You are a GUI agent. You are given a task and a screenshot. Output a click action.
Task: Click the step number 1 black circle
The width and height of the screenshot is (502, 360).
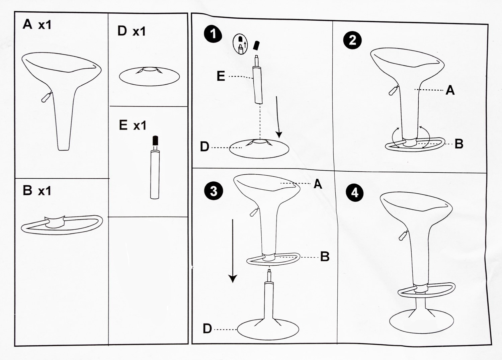(x=213, y=34)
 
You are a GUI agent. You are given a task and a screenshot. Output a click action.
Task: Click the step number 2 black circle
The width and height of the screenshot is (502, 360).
(x=352, y=40)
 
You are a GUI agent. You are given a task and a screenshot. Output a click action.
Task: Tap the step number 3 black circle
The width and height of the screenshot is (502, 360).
(x=214, y=191)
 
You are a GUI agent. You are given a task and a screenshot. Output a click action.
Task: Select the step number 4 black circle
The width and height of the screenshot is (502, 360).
(x=354, y=193)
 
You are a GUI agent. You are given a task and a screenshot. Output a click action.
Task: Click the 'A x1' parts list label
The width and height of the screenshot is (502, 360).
(x=37, y=24)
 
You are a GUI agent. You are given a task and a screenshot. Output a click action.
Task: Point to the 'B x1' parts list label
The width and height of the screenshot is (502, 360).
(x=37, y=190)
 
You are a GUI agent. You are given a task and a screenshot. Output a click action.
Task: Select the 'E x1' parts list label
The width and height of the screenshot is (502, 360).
(x=133, y=125)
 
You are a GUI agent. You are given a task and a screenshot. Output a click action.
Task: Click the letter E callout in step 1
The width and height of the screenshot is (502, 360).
(x=221, y=76)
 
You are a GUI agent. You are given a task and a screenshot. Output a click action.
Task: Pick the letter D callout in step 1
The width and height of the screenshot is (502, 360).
(x=204, y=147)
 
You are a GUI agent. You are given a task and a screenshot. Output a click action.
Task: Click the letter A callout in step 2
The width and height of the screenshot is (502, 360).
(x=450, y=90)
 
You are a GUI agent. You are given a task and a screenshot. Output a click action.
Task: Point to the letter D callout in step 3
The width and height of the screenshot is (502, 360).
(x=207, y=329)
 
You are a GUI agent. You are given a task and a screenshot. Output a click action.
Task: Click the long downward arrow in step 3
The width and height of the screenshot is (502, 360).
(x=233, y=251)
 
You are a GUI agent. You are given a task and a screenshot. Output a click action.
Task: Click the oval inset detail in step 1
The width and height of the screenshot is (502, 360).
(x=241, y=44)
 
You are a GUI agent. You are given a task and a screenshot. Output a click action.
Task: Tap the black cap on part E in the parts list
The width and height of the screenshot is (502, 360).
(x=155, y=140)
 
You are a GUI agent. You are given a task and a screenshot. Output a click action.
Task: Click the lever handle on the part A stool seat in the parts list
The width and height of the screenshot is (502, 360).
(x=46, y=97)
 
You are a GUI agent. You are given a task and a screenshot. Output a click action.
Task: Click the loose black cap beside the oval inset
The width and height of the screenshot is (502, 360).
(x=256, y=46)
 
